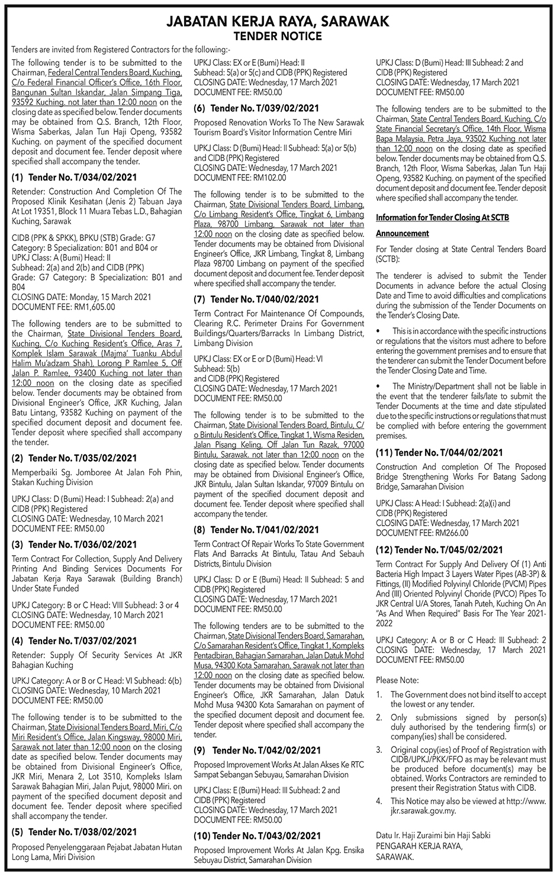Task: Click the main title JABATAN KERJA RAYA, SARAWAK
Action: click(278, 22)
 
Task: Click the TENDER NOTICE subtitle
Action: click(278, 36)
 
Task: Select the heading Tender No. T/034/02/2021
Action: click(74, 178)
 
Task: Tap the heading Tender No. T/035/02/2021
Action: click(74, 458)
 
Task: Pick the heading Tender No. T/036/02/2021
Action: click(74, 545)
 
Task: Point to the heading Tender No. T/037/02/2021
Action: click(74, 641)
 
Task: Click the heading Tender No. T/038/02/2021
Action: click(74, 832)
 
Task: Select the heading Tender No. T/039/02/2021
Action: click(256, 108)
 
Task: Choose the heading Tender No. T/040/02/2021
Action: click(256, 299)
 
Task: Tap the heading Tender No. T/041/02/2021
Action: click(256, 530)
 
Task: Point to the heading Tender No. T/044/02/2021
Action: click(439, 453)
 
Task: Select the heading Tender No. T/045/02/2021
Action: click(439, 550)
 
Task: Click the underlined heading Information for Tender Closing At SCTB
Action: click(442, 218)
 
